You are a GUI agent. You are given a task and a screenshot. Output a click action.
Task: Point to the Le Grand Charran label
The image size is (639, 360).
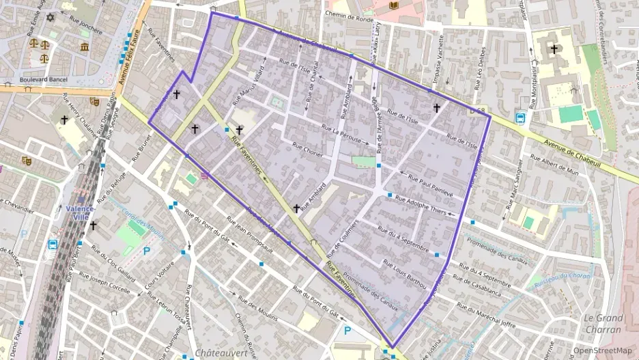tap(603, 324)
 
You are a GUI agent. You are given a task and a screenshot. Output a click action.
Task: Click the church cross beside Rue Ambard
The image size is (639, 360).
tap(296, 208)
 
